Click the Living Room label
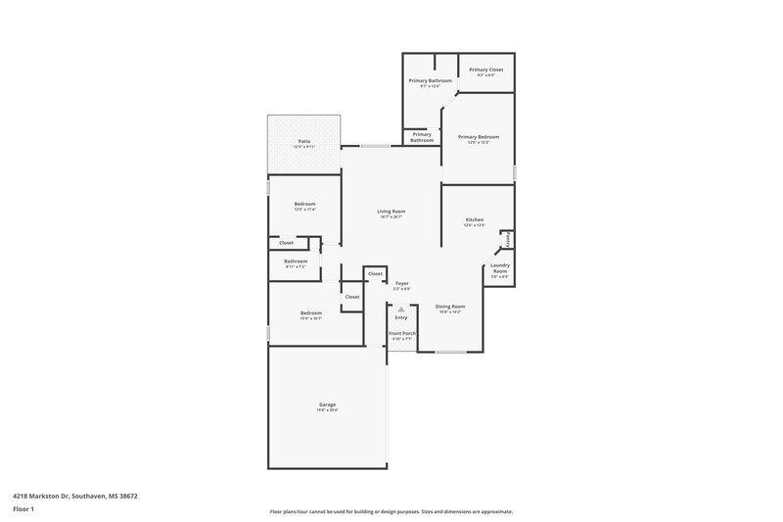(x=391, y=212)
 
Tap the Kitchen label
(x=475, y=219)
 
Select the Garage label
(x=327, y=404)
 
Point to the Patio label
(x=304, y=142)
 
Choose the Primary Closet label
(x=485, y=70)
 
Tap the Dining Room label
(x=450, y=307)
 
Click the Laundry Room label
(x=500, y=267)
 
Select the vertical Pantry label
(x=508, y=239)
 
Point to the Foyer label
(x=401, y=284)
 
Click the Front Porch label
(x=401, y=333)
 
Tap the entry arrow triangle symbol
(x=400, y=308)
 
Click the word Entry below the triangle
(x=401, y=317)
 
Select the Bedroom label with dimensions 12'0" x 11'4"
(x=304, y=204)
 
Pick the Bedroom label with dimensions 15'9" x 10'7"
(x=311, y=313)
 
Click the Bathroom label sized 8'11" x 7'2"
(x=296, y=261)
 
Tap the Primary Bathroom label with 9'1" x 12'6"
(x=430, y=80)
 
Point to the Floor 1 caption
(x=23, y=509)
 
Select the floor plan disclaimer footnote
(x=391, y=511)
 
